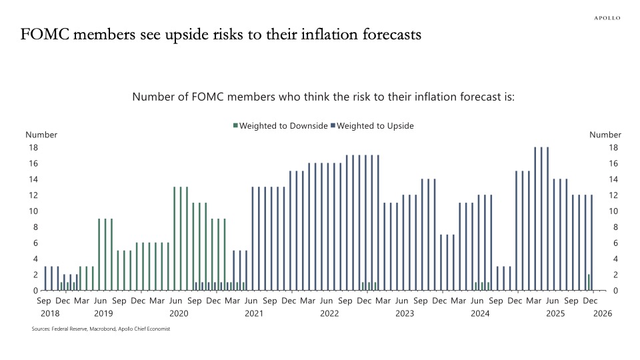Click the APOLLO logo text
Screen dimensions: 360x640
tap(607, 18)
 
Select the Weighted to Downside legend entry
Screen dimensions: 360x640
tap(279, 125)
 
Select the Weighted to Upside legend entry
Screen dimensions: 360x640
tap(375, 125)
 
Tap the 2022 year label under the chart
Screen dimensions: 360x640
tap(329, 313)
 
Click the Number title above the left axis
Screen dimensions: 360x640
tap(41, 135)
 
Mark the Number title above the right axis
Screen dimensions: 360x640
tap(605, 135)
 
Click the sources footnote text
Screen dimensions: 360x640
tap(101, 329)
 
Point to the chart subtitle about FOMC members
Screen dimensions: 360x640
tap(323, 97)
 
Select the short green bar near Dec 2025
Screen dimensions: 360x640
tap(588, 283)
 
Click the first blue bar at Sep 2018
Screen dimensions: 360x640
tap(45, 279)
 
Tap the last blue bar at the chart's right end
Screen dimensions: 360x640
tap(591, 243)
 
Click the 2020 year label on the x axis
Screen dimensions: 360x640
tap(178, 313)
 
